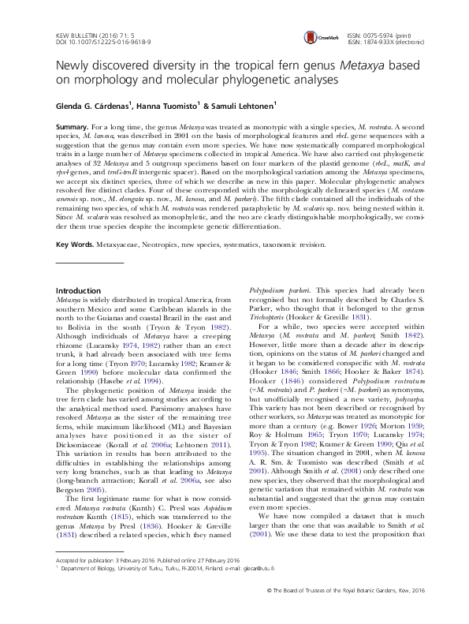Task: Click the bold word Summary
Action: point(73,127)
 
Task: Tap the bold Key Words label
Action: point(76,245)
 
